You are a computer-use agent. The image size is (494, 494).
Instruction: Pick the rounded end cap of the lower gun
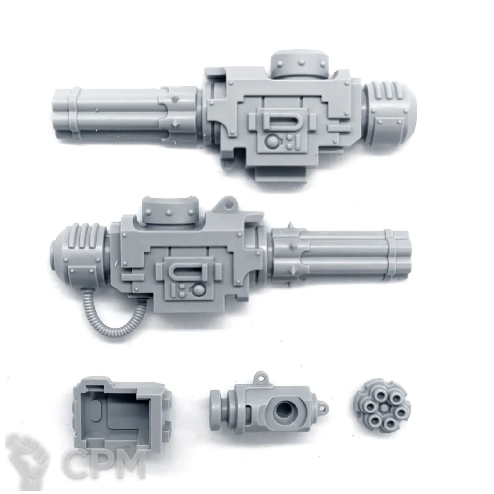pos(79,258)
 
